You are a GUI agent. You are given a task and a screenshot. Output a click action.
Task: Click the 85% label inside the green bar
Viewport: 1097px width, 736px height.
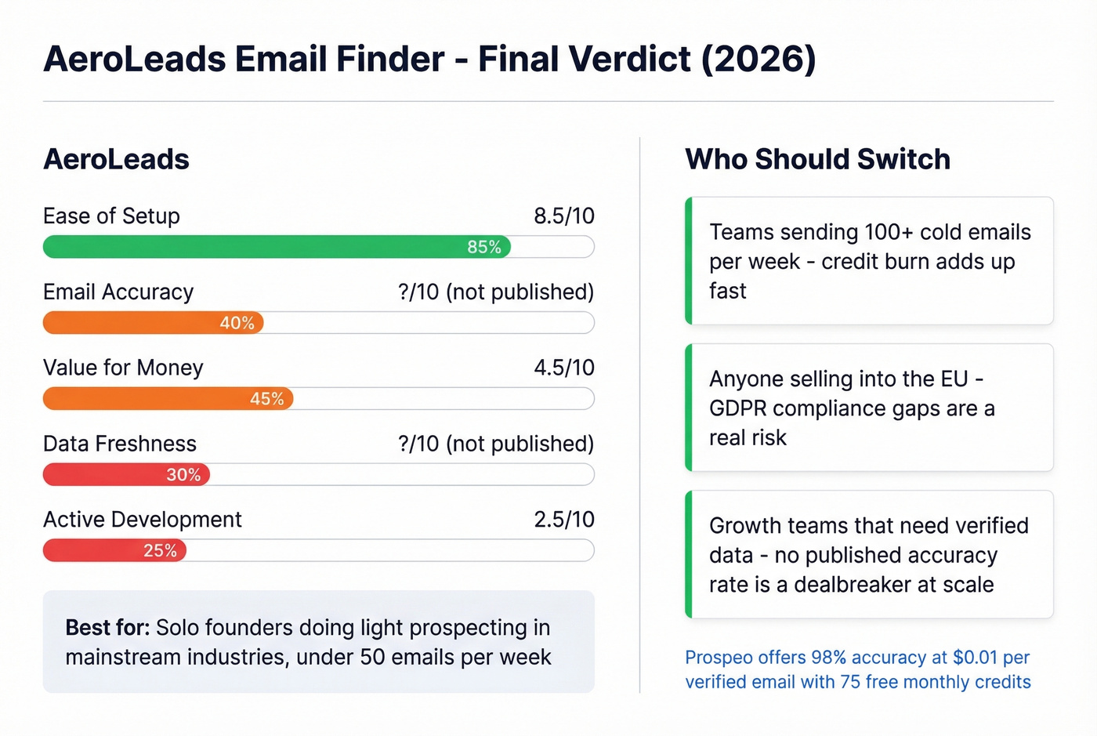tap(483, 247)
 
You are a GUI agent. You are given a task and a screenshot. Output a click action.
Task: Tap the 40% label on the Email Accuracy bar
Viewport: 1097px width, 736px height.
tap(237, 323)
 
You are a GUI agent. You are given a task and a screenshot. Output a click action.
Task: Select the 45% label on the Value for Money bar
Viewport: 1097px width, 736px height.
tap(266, 399)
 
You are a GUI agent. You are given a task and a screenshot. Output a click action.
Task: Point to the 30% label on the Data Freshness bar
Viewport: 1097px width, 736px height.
tap(183, 475)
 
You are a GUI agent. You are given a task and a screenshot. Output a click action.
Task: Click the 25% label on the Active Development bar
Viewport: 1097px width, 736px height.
tap(160, 551)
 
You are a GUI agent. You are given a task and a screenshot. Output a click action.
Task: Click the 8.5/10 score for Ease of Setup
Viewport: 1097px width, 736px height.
tap(563, 216)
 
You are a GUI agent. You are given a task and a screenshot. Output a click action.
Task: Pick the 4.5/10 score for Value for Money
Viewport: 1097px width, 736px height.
tap(563, 368)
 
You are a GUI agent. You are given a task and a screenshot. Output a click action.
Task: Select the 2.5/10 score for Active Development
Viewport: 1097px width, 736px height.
tap(563, 520)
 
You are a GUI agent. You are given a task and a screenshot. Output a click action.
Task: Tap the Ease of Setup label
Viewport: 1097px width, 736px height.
tap(111, 216)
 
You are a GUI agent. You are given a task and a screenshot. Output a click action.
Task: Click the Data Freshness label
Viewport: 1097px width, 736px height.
tap(119, 444)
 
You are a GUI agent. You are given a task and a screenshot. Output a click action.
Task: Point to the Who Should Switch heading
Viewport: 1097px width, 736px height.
tap(817, 159)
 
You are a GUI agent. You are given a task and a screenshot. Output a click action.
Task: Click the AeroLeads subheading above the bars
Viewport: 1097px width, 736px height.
tap(116, 159)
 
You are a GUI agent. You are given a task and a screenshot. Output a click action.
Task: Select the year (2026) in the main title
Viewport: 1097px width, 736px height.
tap(758, 60)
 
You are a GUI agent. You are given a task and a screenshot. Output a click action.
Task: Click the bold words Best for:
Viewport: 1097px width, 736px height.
tap(107, 628)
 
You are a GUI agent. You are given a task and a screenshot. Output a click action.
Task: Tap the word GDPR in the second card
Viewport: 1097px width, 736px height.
tap(737, 408)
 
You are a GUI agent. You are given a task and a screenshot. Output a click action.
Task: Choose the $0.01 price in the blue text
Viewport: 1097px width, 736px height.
tap(975, 658)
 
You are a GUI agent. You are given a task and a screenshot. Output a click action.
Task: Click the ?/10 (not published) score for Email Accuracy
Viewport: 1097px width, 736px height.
tap(495, 292)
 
